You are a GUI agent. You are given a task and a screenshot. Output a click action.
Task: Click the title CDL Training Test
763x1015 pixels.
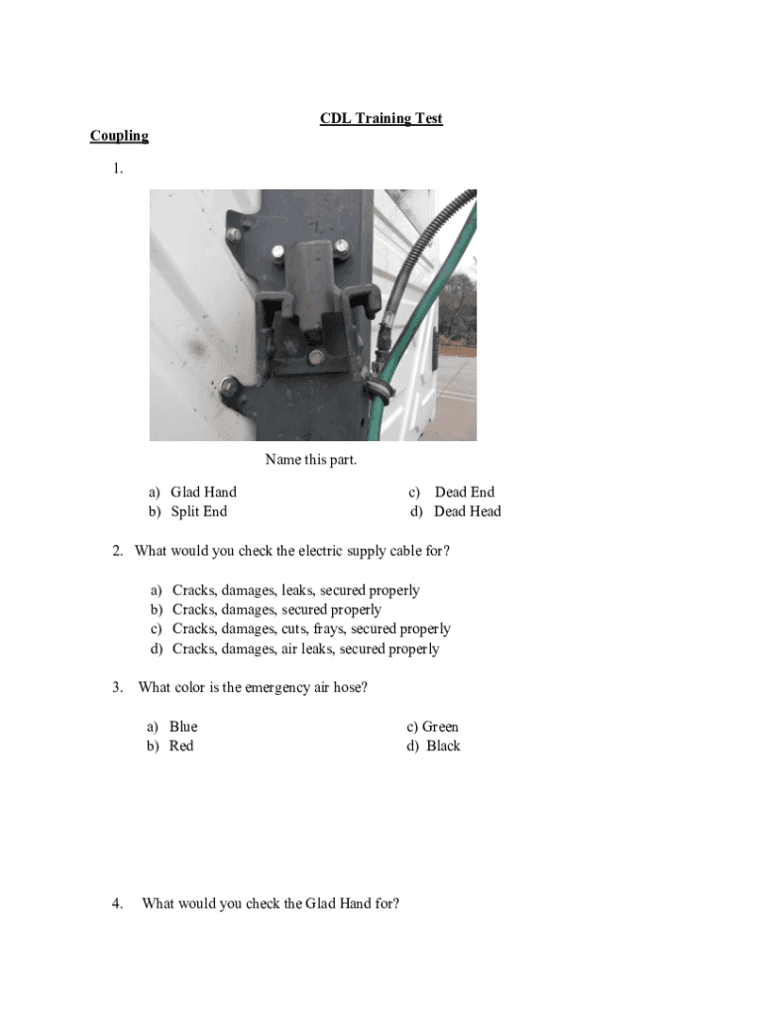click(x=381, y=119)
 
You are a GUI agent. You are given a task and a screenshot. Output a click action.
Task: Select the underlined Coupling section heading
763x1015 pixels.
click(x=119, y=136)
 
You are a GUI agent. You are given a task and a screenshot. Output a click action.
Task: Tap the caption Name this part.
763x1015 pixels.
click(x=310, y=459)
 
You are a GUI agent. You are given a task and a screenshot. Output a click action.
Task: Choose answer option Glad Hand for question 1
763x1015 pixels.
click(x=203, y=492)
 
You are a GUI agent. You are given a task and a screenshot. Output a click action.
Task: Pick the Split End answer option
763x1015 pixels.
click(x=198, y=511)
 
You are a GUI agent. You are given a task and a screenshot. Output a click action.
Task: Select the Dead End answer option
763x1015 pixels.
click(x=464, y=492)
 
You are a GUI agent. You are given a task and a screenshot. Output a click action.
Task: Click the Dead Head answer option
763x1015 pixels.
click(x=467, y=511)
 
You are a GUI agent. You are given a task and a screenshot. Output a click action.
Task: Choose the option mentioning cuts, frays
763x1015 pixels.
click(x=311, y=628)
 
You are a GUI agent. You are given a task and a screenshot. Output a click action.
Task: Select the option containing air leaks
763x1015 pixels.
click(x=305, y=648)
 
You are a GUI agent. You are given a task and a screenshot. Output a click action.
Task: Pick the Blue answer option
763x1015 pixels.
click(x=183, y=727)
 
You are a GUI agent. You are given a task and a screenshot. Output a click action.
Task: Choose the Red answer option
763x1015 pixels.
click(x=181, y=746)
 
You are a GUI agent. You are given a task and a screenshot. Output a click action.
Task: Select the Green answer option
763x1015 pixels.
click(x=440, y=727)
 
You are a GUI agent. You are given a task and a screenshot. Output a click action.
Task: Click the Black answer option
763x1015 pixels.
click(x=443, y=746)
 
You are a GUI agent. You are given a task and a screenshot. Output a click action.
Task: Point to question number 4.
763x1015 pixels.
click(x=117, y=903)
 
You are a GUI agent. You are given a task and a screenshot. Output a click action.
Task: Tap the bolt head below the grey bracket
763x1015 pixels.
click(x=315, y=356)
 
